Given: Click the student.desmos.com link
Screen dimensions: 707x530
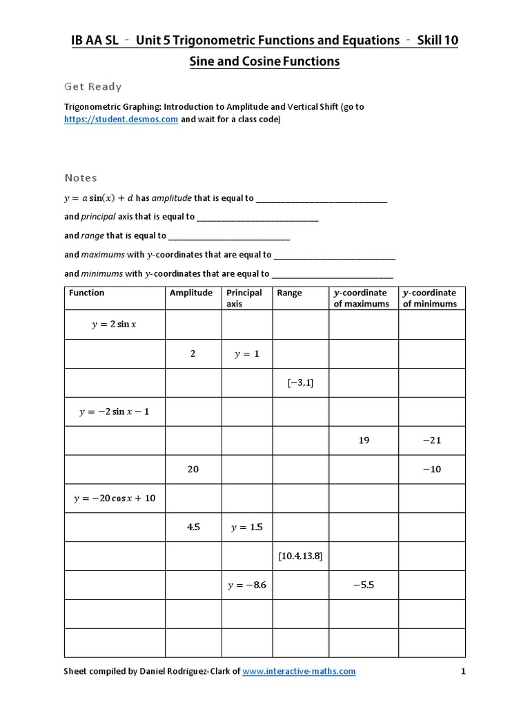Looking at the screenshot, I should coord(121,119).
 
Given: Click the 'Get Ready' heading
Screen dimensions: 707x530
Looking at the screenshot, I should coord(93,86).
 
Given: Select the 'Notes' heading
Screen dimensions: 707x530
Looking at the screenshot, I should coord(81,177).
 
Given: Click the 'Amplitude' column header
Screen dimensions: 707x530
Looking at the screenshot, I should coord(191,293).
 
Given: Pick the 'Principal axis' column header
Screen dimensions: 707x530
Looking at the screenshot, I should coord(244,298).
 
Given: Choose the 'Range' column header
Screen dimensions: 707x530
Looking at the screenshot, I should coord(289,293).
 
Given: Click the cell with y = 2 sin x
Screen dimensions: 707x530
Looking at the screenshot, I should coord(114,325).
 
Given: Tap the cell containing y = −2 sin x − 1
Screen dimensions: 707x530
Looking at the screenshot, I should coord(114,411).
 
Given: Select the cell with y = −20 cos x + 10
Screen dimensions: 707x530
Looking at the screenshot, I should coord(114,498).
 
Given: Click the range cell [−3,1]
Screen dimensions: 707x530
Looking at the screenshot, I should coord(300,382).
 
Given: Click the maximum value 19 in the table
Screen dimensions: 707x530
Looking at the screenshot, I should coord(364,440).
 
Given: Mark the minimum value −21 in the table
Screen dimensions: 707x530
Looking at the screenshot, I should coord(431,440).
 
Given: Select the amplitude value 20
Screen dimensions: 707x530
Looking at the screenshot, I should coord(193,469).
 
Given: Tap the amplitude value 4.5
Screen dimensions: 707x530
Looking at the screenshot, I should coord(193,527).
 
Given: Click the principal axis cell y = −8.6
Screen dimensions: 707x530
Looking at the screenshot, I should coord(246,585).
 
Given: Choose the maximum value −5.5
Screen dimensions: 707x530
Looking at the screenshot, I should coord(363,585).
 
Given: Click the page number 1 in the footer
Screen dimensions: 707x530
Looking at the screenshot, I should coord(464,671).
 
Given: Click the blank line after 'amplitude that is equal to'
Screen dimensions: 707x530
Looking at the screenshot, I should coord(322,198).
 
